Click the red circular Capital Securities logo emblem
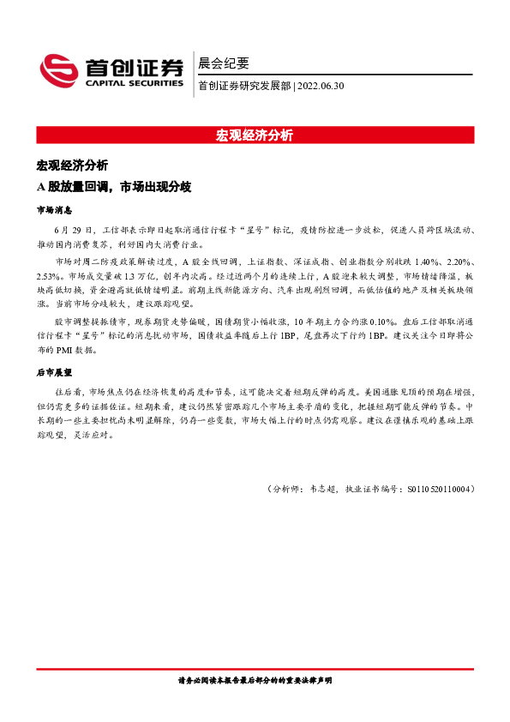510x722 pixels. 59,68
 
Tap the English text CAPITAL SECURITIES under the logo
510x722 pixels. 134,83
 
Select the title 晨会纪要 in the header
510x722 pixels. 223,63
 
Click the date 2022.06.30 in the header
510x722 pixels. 321,85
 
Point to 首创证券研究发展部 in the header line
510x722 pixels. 244,85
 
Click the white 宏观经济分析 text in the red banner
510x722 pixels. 255,135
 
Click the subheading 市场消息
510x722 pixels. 53,209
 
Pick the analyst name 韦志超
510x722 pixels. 323,489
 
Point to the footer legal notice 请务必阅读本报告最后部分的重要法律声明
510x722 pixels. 255,679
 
